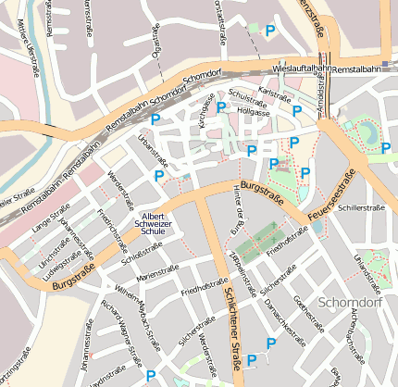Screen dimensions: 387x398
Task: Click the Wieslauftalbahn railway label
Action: click(x=303, y=69)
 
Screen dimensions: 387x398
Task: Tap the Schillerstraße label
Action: click(x=360, y=208)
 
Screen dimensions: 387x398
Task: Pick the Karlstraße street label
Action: click(x=275, y=93)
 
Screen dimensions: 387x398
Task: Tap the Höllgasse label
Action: click(x=253, y=111)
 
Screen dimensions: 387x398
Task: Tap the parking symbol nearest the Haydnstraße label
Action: click(x=151, y=376)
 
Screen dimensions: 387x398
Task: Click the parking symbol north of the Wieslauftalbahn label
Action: click(x=270, y=31)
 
